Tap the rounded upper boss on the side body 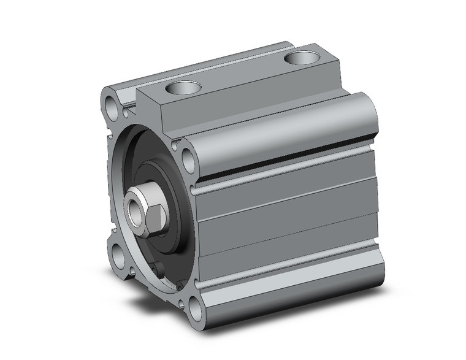pos(282,132)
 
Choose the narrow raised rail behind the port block pos(202,67)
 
